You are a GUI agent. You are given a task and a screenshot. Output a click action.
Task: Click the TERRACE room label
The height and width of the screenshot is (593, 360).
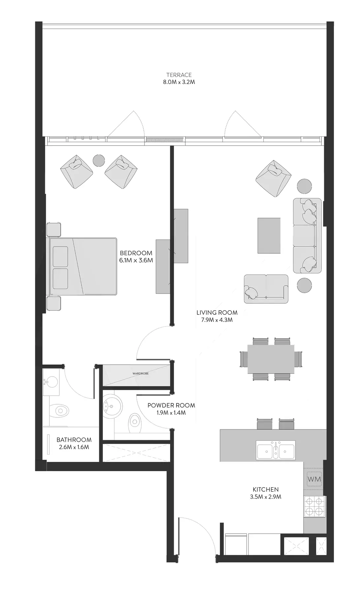pos(179,75)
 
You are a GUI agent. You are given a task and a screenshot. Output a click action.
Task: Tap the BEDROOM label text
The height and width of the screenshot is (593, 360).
pos(136,253)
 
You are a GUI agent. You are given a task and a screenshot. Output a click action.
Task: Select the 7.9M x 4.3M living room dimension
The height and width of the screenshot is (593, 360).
pos(217,320)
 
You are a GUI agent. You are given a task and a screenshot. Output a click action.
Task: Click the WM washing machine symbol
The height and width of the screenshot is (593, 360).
pos(314,479)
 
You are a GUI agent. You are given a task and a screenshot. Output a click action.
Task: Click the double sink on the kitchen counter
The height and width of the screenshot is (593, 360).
pos(276,450)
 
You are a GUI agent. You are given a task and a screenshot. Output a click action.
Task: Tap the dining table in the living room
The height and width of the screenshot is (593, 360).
pos(271,359)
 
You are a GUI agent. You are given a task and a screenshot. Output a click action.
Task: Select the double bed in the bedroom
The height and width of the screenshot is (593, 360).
pos(83,266)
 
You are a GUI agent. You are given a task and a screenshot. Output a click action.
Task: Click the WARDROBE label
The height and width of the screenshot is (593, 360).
pos(140,374)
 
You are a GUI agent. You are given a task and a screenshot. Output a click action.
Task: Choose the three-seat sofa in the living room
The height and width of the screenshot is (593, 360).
pos(307,236)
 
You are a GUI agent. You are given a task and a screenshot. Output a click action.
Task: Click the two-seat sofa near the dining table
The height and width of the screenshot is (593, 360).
pos(266,289)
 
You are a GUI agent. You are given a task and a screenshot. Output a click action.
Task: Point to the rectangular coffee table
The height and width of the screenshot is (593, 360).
pos(269,236)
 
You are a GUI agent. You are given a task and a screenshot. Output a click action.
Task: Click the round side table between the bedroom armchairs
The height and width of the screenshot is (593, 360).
pos(99,161)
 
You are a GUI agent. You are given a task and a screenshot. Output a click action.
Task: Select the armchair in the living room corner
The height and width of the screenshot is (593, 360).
pos(274,179)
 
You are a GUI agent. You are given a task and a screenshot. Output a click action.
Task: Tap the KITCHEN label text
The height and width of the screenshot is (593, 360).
pos(266,490)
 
